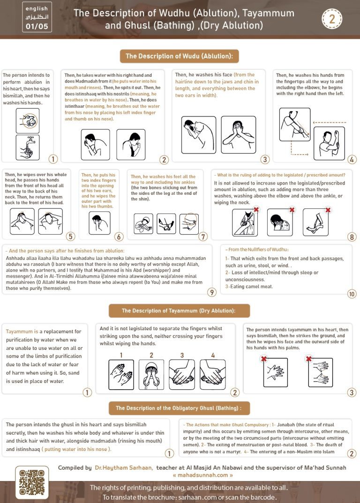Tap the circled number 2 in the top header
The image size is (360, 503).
click(x=332, y=19)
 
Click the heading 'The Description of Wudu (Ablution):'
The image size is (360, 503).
click(x=180, y=57)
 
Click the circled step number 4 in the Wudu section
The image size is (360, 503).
click(x=352, y=160)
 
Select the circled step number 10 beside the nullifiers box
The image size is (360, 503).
click(x=352, y=294)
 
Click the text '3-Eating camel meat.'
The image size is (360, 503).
click(x=249, y=286)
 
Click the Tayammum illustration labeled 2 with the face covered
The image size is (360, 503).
click(x=151, y=375)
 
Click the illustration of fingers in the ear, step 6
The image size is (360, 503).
click(x=99, y=222)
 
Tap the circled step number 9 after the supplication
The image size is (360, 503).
click(x=212, y=293)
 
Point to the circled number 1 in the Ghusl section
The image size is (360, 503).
click(x=170, y=453)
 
